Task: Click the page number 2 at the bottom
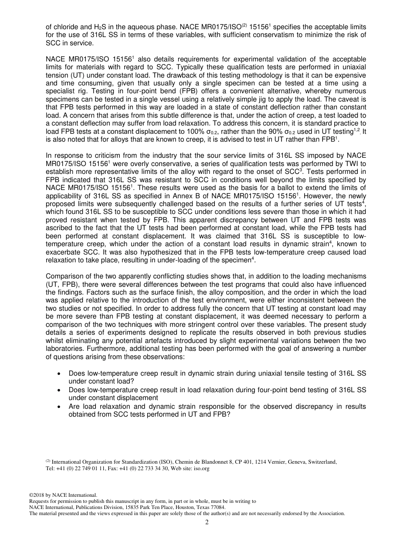coord(207,522)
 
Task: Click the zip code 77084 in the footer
coord(217,507)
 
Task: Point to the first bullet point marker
coord(59,373)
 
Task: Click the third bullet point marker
coord(59,407)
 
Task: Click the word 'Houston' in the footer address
coord(181,507)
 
